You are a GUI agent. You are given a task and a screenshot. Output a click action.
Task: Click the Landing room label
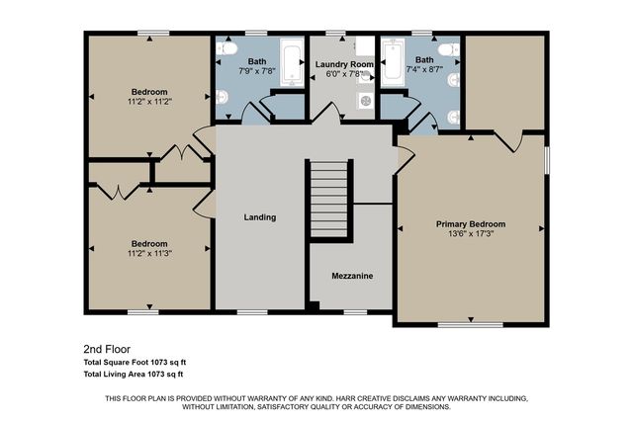click(261, 217)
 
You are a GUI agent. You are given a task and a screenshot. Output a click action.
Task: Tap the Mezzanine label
click(352, 277)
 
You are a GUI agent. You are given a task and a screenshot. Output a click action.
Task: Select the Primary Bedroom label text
click(471, 224)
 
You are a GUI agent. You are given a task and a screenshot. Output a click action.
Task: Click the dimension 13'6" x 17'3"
click(471, 235)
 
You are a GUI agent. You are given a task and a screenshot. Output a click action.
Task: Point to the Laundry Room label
click(341, 64)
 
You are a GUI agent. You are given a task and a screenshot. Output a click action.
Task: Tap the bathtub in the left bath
click(292, 63)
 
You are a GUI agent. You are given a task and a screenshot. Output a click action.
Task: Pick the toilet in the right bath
click(447, 48)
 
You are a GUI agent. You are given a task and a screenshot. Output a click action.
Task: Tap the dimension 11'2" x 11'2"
click(149, 101)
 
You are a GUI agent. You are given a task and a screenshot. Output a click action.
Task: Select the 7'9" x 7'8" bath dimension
click(255, 71)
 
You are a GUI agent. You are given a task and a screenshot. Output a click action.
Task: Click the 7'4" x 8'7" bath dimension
click(423, 71)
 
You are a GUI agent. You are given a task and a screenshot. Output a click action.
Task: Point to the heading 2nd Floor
click(106, 349)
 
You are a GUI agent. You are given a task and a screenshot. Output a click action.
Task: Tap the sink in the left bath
click(222, 96)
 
